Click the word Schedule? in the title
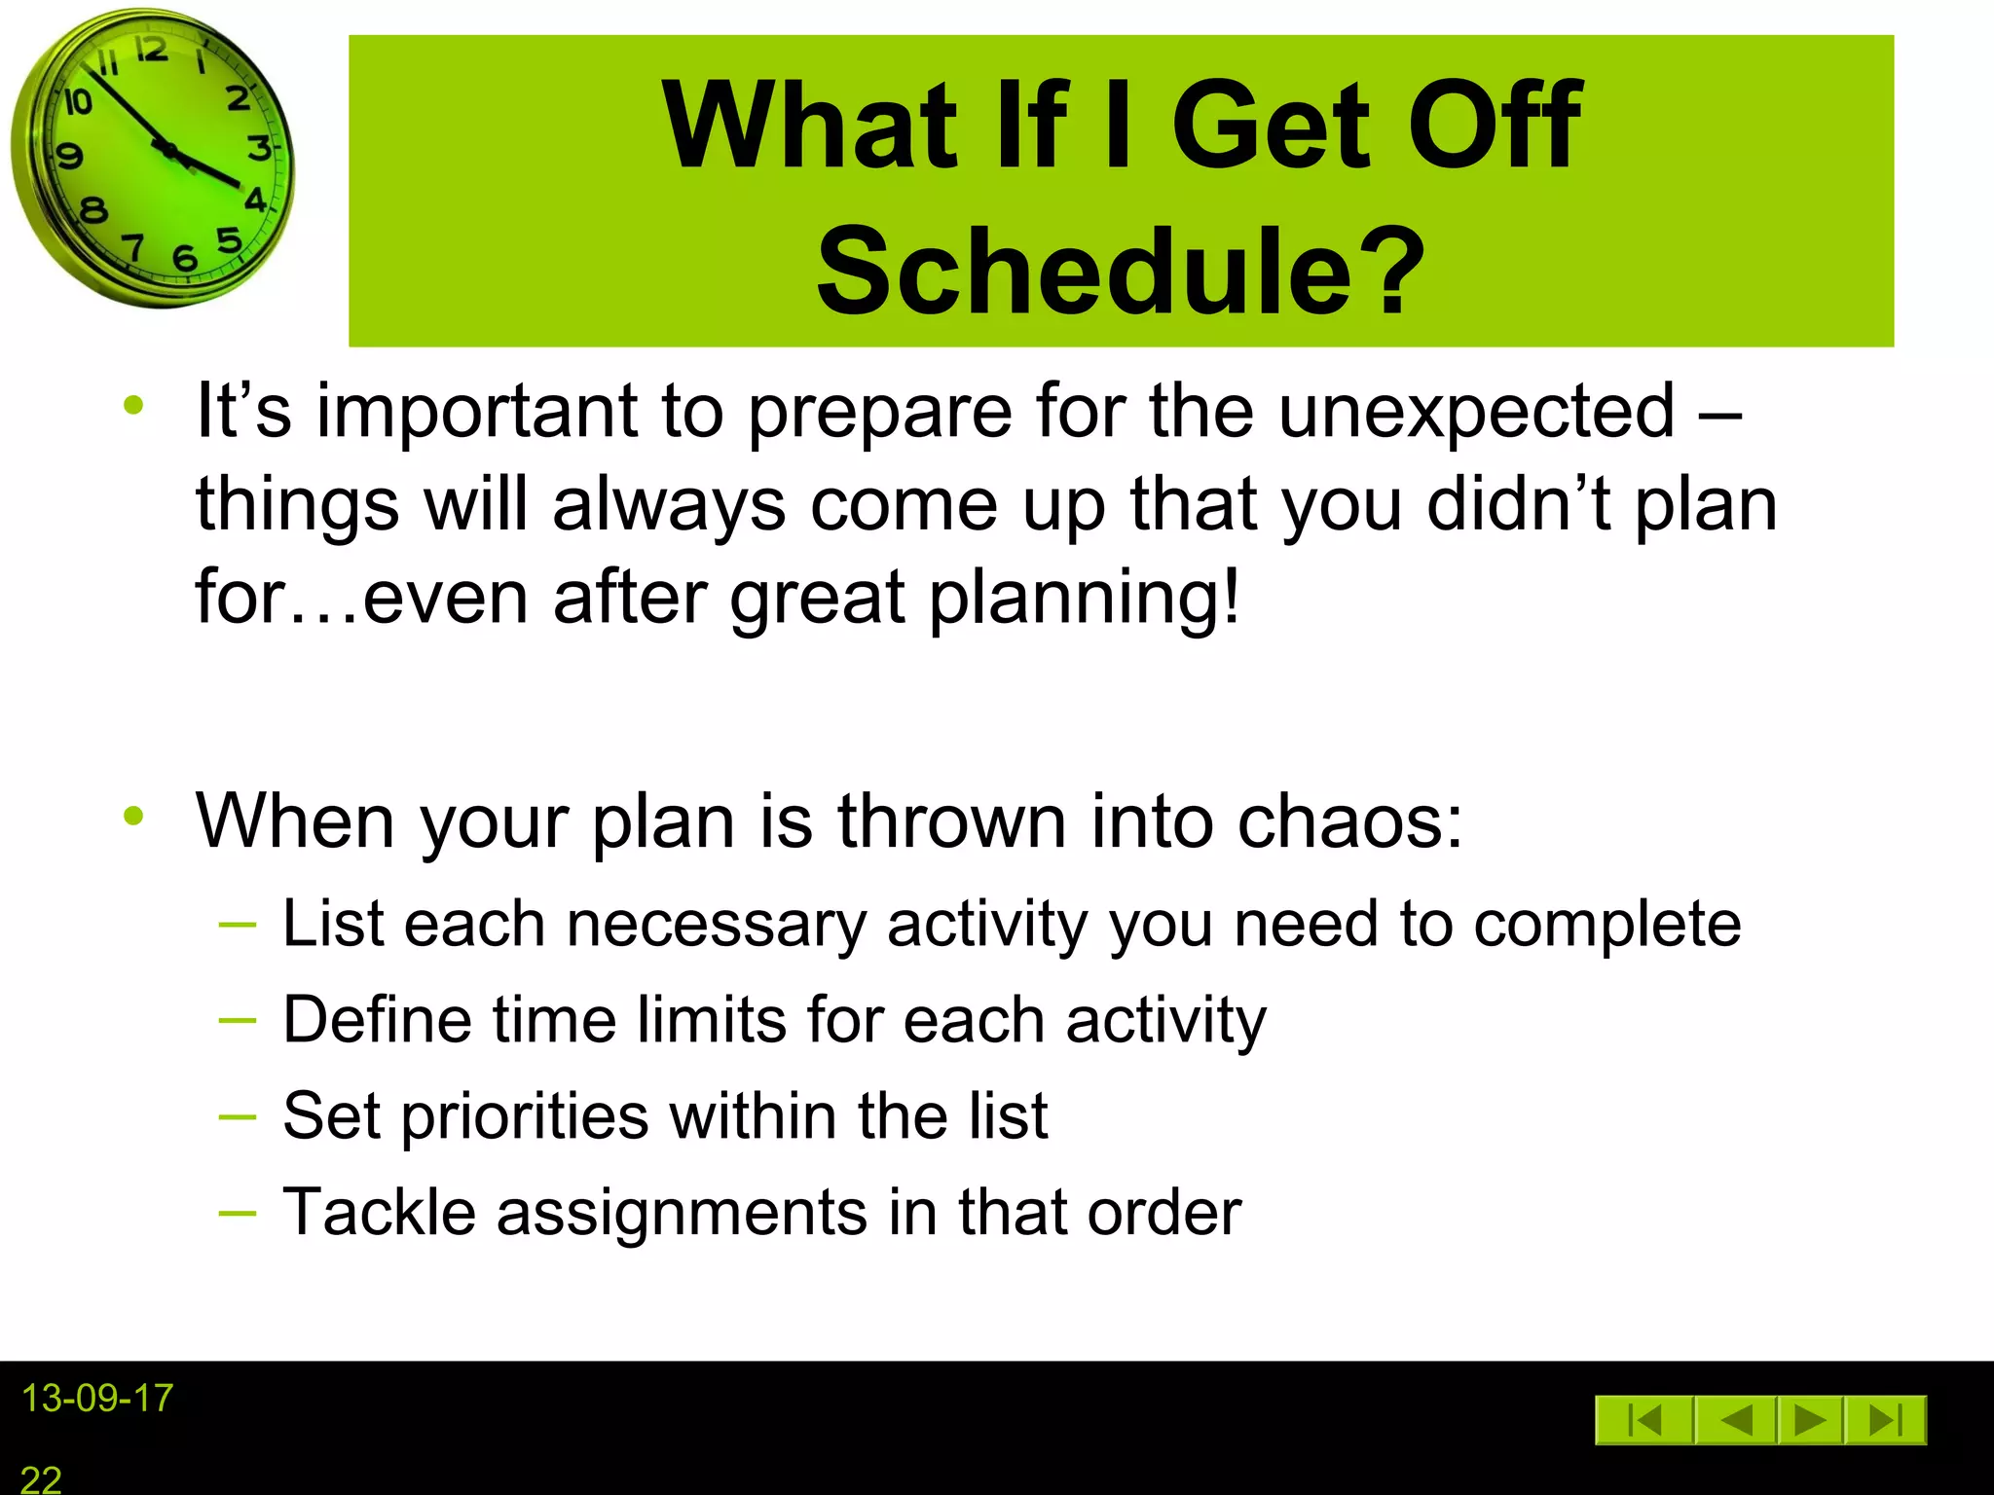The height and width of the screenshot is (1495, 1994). coord(1120,271)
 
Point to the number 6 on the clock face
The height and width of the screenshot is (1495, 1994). coord(184,258)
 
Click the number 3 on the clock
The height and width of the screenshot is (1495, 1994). coord(259,148)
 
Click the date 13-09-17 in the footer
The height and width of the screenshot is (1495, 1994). coord(97,1399)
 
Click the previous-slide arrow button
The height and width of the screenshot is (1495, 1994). coord(1736,1420)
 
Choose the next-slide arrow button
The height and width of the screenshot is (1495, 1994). coord(1810,1420)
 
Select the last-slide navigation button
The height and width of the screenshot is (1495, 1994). coord(1886,1420)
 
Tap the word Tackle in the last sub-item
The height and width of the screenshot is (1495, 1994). coord(379,1212)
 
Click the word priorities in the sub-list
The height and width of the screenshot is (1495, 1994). coord(525,1116)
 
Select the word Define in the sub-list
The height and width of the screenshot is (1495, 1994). coord(377,1020)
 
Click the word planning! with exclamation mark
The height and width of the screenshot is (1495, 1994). coord(1085,597)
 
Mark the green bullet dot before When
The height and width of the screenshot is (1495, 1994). coord(133,817)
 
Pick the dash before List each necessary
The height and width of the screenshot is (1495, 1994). coord(238,924)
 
